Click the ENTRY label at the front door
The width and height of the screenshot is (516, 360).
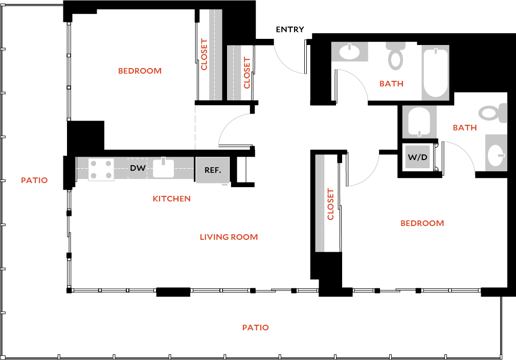pyautogui.click(x=290, y=30)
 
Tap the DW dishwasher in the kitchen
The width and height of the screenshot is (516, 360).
pyautogui.click(x=137, y=168)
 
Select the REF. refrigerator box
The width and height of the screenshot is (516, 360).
pyautogui.click(x=213, y=170)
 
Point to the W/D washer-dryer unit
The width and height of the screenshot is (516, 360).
pyautogui.click(x=418, y=157)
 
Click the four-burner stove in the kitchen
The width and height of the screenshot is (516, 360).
pyautogui.click(x=101, y=170)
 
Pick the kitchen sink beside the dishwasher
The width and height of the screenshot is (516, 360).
pyautogui.click(x=164, y=168)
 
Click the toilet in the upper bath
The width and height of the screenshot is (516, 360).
pyautogui.click(x=395, y=56)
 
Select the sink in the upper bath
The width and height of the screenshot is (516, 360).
pyautogui.click(x=350, y=52)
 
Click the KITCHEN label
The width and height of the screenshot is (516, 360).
pyautogui.click(x=171, y=198)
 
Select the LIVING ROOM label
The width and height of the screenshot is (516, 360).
pyautogui.click(x=229, y=237)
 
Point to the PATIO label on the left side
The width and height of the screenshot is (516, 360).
pyautogui.click(x=34, y=180)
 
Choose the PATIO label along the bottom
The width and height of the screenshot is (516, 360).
pyautogui.click(x=255, y=327)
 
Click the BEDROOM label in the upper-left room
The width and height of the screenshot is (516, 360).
pyautogui.click(x=140, y=71)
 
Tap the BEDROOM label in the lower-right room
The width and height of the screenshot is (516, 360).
pyautogui.click(x=422, y=223)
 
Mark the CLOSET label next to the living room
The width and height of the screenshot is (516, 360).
pyautogui.click(x=330, y=204)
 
